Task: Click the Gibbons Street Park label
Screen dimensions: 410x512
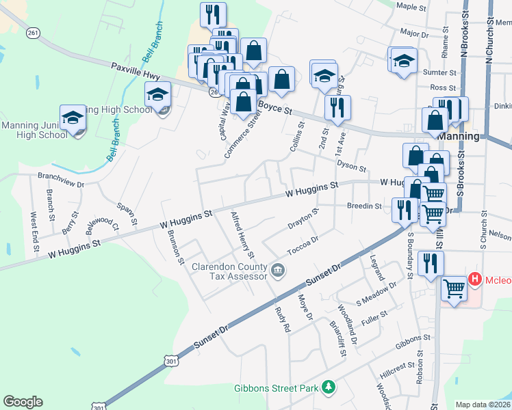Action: tap(276, 388)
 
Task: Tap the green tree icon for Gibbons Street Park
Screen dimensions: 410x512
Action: tap(329, 387)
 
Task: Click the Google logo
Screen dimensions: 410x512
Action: tap(23, 402)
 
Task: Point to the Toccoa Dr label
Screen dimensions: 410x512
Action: tap(303, 246)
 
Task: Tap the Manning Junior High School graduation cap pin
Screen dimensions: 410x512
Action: tap(73, 118)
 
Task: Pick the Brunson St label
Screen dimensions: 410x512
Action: tap(176, 246)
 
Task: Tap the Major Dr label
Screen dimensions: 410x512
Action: tap(413, 33)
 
